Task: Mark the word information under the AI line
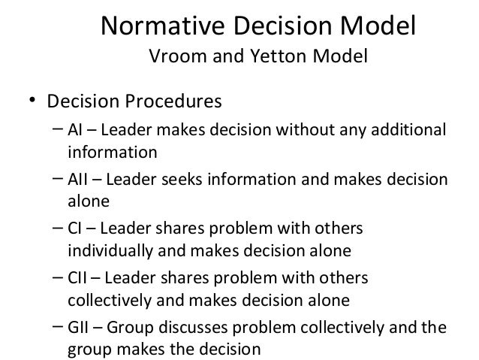(x=113, y=153)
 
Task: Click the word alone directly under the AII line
(x=89, y=202)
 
